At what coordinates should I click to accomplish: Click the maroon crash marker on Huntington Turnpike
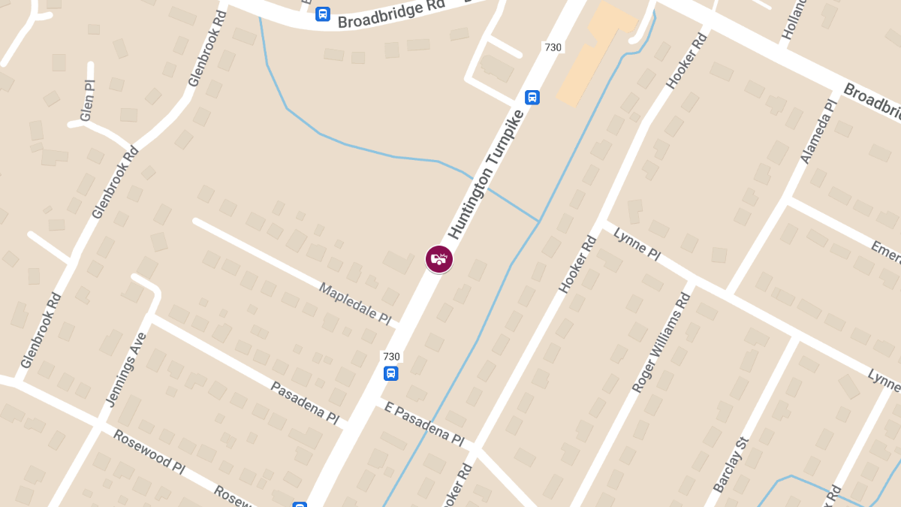[439, 259]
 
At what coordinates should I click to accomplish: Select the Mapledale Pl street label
[355, 303]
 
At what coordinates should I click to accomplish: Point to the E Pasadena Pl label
[423, 423]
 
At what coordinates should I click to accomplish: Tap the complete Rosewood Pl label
[148, 451]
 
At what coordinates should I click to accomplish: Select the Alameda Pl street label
[818, 132]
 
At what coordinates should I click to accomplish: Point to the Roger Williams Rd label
[661, 343]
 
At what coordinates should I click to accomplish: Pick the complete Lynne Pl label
[637, 245]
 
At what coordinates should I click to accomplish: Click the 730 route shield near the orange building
[553, 47]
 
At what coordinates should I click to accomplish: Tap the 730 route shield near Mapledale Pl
[391, 357]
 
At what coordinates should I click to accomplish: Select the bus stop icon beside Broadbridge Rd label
[322, 14]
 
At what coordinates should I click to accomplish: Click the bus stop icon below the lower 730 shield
[390, 373]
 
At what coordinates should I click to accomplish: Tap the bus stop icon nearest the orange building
[532, 97]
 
